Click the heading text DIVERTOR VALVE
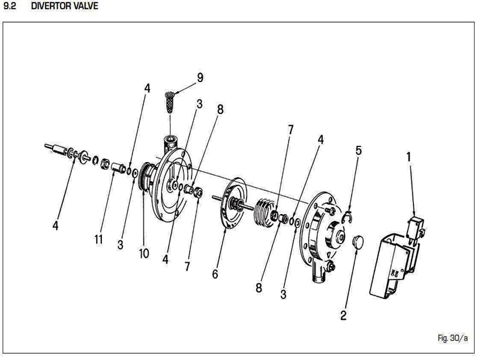click(x=65, y=6)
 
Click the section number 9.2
click(x=10, y=6)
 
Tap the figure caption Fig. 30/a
click(x=453, y=338)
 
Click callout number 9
click(x=200, y=77)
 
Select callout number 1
click(x=409, y=157)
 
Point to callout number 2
click(x=343, y=315)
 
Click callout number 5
click(x=358, y=151)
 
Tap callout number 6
click(x=215, y=274)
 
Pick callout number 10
click(x=144, y=253)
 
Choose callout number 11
click(x=98, y=239)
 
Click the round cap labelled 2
click(x=358, y=242)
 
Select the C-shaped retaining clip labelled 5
click(x=348, y=217)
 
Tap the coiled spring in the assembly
click(x=264, y=213)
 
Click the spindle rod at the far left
click(x=56, y=149)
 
